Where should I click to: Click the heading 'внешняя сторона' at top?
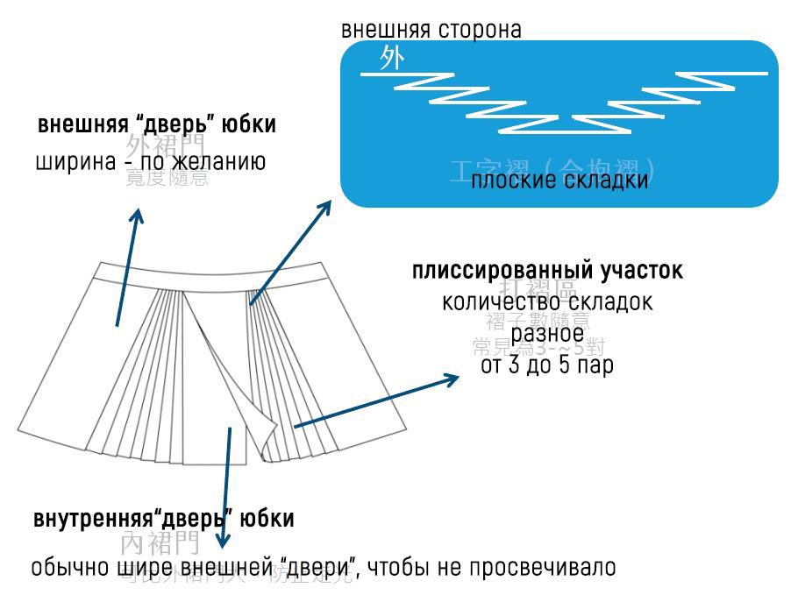pyautogui.click(x=431, y=30)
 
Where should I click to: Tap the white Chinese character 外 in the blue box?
pyautogui.click(x=392, y=60)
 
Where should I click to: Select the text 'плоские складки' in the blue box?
pyautogui.click(x=559, y=181)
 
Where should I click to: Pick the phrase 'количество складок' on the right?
pyautogui.click(x=547, y=302)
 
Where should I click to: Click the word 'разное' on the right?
pyautogui.click(x=547, y=334)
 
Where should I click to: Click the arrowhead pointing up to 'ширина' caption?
pyautogui.click(x=137, y=215)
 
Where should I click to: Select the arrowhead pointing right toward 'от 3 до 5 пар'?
pyautogui.click(x=452, y=379)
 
